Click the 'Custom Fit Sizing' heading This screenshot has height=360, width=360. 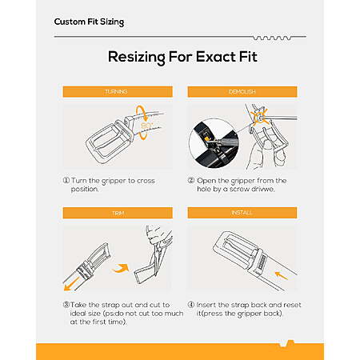click(x=89, y=22)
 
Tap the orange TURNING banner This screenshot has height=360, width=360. click(x=118, y=91)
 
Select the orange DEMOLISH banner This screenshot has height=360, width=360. click(x=242, y=91)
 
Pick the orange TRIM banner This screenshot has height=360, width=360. click(x=118, y=213)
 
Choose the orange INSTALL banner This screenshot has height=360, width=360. click(x=242, y=213)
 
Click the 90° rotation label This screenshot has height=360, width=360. click(x=146, y=126)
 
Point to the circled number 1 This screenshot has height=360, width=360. click(x=66, y=180)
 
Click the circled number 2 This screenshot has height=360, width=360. click(x=191, y=180)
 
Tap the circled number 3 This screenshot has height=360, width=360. click(x=66, y=305)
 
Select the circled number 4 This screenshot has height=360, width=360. click(x=191, y=305)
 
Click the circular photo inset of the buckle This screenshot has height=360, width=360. click(x=214, y=143)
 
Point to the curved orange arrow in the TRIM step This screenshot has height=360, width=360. click(x=121, y=269)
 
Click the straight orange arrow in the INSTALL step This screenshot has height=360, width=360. click(x=282, y=276)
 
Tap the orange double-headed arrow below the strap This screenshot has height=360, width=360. click(x=72, y=284)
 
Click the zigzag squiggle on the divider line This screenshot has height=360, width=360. click(x=272, y=38)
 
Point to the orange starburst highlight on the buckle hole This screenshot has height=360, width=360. click(x=260, y=117)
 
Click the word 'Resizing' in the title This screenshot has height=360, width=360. click(x=137, y=58)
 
